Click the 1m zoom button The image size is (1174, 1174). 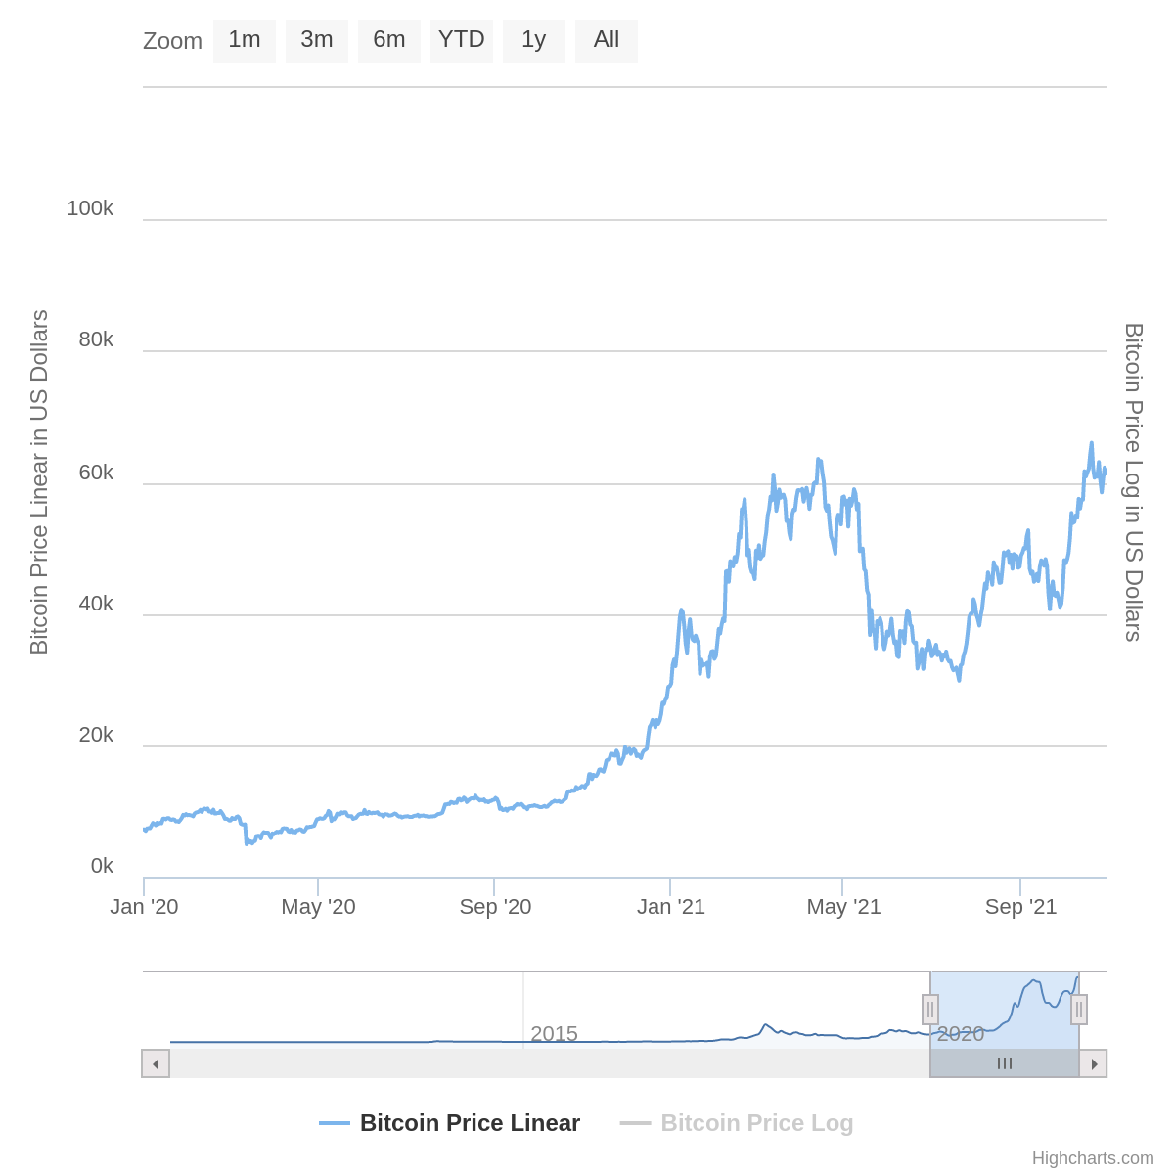point(245,40)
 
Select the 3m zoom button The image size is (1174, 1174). point(317,40)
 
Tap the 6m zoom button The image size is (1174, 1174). point(389,40)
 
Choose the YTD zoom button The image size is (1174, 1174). point(462,40)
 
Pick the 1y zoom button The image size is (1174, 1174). point(534,40)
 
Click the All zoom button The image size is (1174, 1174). point(607,40)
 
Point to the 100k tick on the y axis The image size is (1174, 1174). point(90,208)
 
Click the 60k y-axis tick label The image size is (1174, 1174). point(96,473)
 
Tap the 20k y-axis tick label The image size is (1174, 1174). point(96,735)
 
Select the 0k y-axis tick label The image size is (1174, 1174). point(102,866)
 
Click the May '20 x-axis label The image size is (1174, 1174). point(318,907)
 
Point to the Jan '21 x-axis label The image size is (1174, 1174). point(671,907)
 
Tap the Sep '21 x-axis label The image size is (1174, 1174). point(1020,907)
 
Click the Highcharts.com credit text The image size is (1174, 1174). point(1093,1158)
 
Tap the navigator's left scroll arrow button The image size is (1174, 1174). point(156,1063)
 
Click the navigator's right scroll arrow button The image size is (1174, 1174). point(1094,1063)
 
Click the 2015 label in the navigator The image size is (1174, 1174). point(554,1034)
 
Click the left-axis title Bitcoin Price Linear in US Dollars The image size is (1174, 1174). point(39,482)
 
